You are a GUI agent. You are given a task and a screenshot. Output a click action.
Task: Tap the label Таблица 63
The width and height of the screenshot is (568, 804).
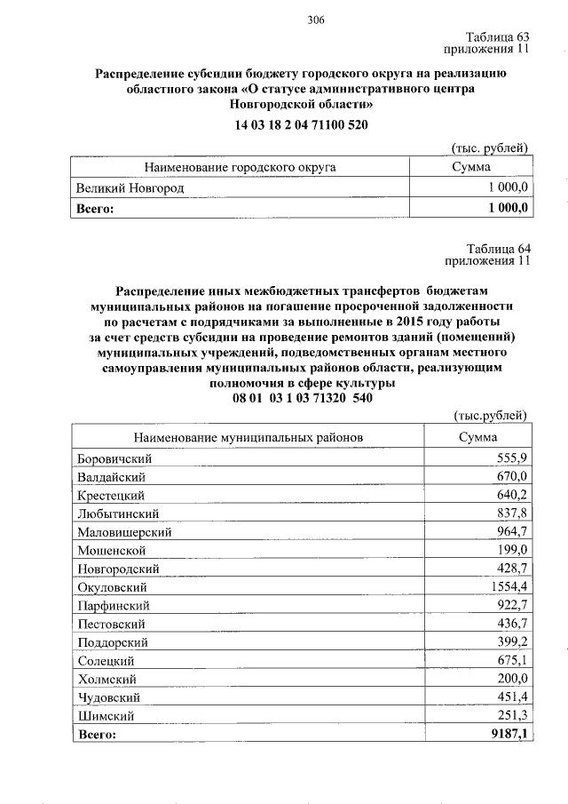tap(497, 36)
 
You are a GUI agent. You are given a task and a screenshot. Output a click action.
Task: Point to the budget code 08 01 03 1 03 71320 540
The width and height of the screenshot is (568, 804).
tap(302, 398)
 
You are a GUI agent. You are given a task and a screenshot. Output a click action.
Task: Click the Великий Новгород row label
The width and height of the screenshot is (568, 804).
tap(130, 188)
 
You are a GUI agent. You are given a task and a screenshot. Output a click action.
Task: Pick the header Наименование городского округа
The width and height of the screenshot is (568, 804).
tap(241, 167)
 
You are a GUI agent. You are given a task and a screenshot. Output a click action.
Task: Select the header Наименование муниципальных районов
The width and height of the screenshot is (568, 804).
tap(248, 437)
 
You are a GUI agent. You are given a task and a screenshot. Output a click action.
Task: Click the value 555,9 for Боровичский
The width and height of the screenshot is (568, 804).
tap(512, 458)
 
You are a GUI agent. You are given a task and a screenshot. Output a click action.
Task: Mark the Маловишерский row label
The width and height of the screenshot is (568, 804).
tap(124, 532)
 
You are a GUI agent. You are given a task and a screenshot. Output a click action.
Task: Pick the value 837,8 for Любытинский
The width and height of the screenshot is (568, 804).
tap(512, 513)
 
